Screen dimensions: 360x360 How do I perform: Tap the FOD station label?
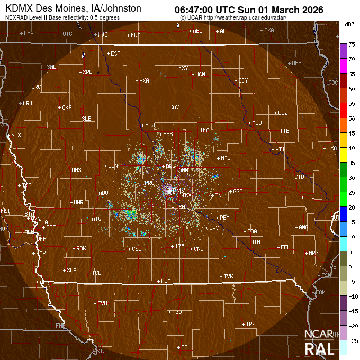point(150,125)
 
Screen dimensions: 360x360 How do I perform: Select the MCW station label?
point(200,74)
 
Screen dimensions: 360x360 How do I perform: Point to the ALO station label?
point(257,123)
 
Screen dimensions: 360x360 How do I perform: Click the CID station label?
point(299,176)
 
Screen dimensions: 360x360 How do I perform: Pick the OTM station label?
point(255,242)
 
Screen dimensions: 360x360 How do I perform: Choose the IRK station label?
point(250,323)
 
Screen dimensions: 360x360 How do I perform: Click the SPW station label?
point(87,71)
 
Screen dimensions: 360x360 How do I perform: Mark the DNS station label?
point(76,170)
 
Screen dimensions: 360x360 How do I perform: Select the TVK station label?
point(228,276)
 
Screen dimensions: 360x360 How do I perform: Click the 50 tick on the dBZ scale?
point(351,119)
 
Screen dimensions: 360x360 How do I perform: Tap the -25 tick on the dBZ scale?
point(352,340)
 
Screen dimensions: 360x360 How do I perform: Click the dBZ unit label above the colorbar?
point(349,25)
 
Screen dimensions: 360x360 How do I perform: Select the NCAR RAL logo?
point(319,344)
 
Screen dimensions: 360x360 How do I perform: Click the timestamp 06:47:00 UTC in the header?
point(208,8)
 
